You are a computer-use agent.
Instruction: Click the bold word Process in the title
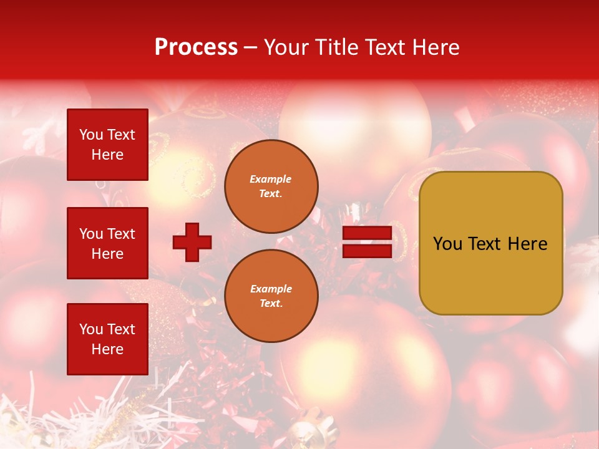(x=196, y=47)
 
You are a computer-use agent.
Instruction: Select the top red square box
(x=107, y=145)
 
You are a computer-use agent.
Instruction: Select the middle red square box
(x=107, y=243)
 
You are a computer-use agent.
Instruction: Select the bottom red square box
(x=107, y=339)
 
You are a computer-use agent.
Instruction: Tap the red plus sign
(x=192, y=242)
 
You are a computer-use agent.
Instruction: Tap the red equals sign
(x=367, y=242)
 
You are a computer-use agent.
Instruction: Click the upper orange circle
(x=271, y=186)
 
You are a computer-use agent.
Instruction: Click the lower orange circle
(x=271, y=296)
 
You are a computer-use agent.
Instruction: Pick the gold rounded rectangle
(x=490, y=243)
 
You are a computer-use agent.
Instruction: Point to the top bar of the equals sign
(x=367, y=233)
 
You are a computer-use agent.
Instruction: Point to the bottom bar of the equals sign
(x=367, y=251)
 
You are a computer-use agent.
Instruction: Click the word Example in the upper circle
(x=271, y=179)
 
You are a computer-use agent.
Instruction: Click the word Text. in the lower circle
(x=271, y=304)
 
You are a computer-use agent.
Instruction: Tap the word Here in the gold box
(x=527, y=244)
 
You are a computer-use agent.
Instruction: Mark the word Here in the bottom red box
(x=107, y=349)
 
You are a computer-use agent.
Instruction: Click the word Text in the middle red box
(x=121, y=234)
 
